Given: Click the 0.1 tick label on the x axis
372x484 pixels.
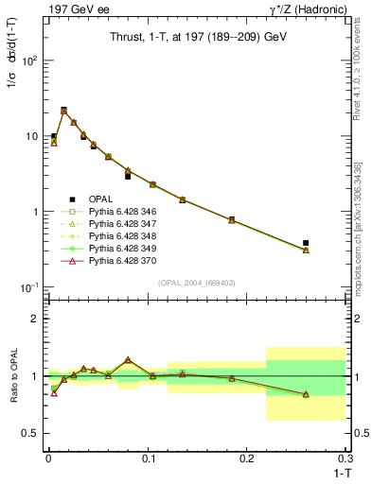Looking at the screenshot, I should pos(147,458).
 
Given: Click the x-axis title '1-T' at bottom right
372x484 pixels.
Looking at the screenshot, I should pos(338,471).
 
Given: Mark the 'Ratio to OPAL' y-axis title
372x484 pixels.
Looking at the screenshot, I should pos(11,375).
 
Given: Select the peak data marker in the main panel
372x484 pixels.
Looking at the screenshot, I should pos(63,111).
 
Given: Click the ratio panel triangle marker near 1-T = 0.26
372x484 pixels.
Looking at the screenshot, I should pos(306,394).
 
